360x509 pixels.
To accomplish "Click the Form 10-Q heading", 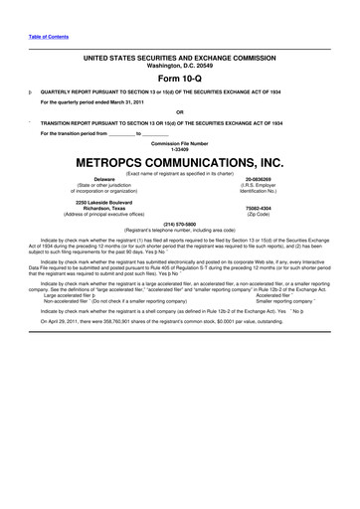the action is pos(180,77).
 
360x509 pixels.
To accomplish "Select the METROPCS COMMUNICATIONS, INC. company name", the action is pos(180,160).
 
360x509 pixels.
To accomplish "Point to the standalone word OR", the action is pos(180,111).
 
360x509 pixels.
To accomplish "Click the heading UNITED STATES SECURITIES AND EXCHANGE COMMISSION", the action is pos(180,59).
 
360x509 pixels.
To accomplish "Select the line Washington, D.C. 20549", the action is pos(180,66).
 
